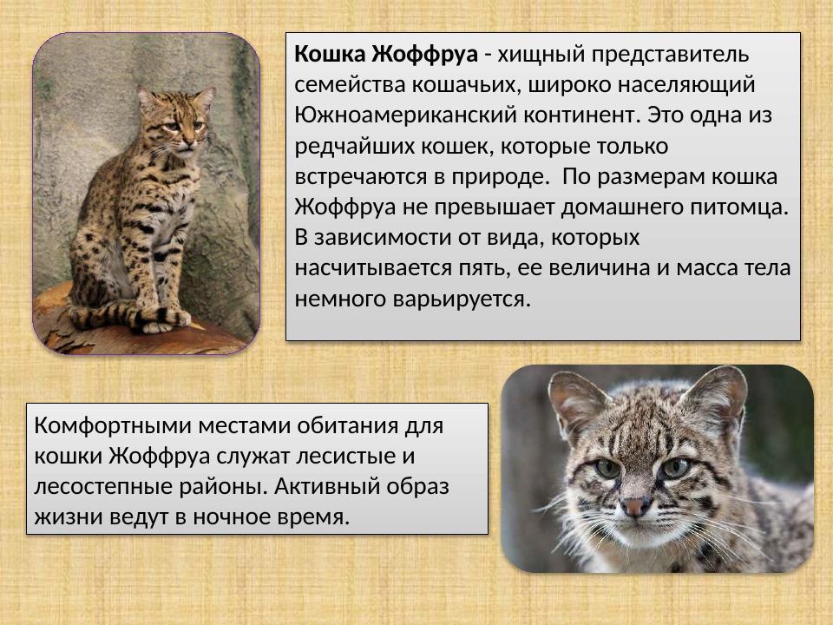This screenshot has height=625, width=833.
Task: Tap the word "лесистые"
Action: tap(355, 457)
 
